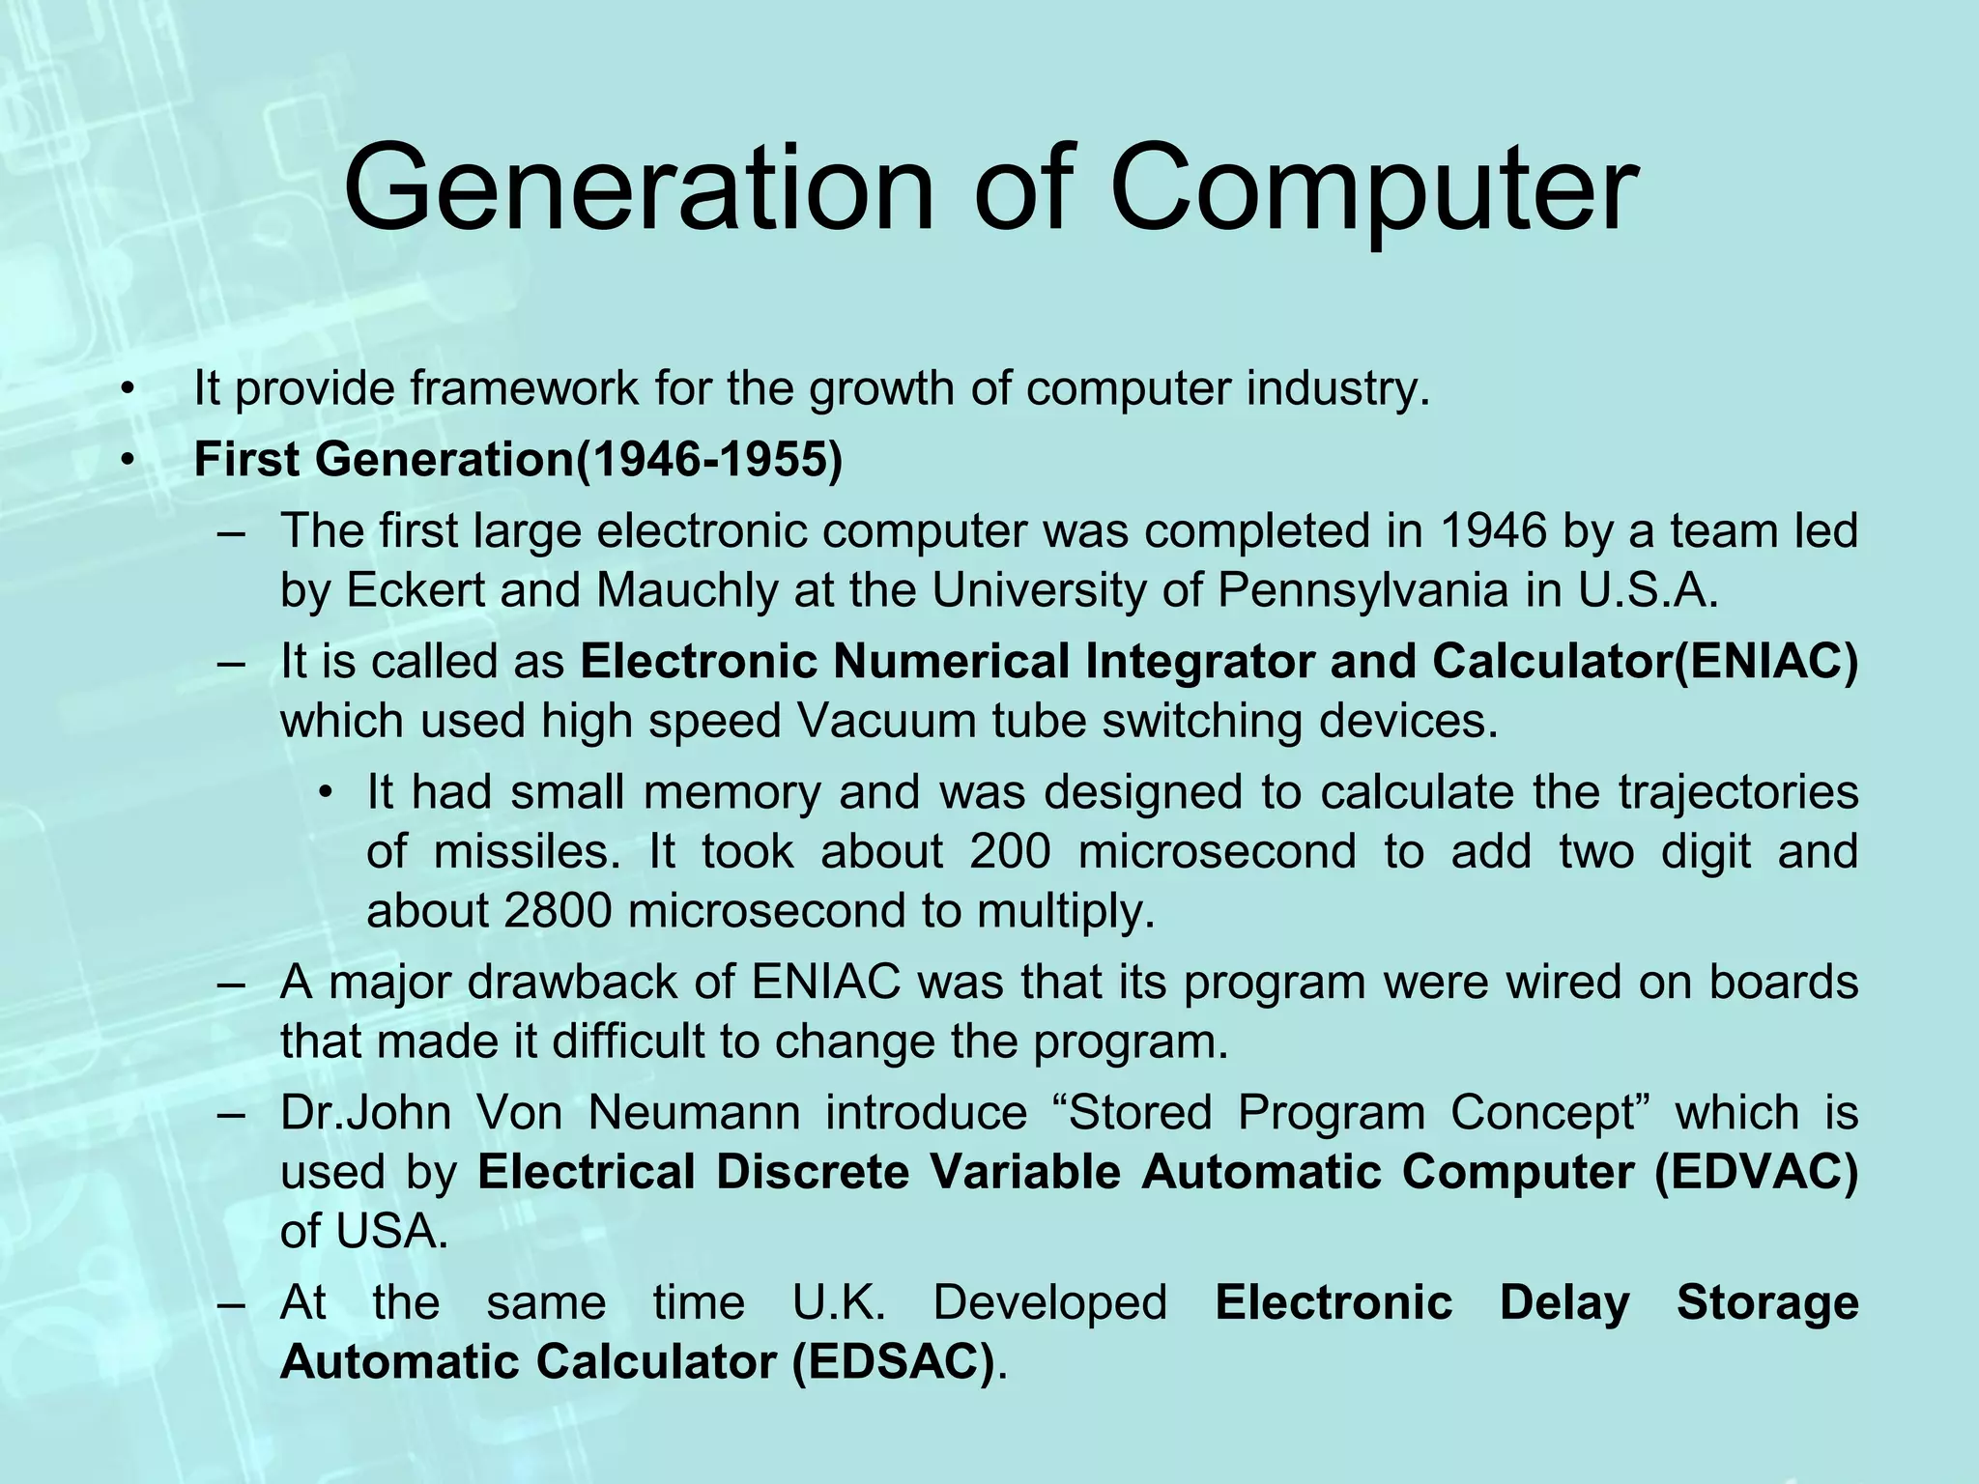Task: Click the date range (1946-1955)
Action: pos(709,459)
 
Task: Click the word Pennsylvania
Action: pos(1362,590)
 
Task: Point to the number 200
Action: pos(1010,851)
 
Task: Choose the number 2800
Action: pos(558,911)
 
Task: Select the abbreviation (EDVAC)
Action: pos(1756,1172)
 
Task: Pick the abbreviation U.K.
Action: pos(839,1302)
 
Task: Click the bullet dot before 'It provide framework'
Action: pos(126,389)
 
